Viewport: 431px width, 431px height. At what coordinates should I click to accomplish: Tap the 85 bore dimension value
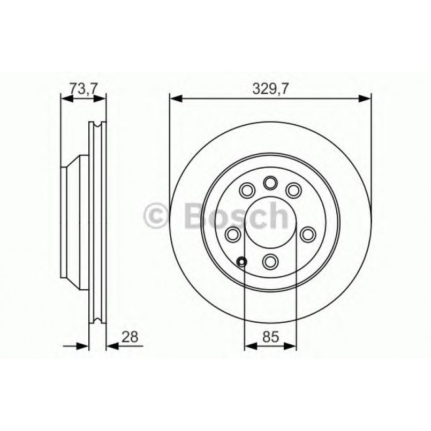270,337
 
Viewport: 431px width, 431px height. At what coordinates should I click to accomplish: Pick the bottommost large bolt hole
270,261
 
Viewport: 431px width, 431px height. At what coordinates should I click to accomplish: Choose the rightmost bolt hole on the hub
308,233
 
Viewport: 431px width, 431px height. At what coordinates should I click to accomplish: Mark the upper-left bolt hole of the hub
247,190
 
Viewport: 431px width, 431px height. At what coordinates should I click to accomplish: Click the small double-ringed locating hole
242,262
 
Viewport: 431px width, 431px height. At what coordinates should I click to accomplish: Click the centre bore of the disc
270,222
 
